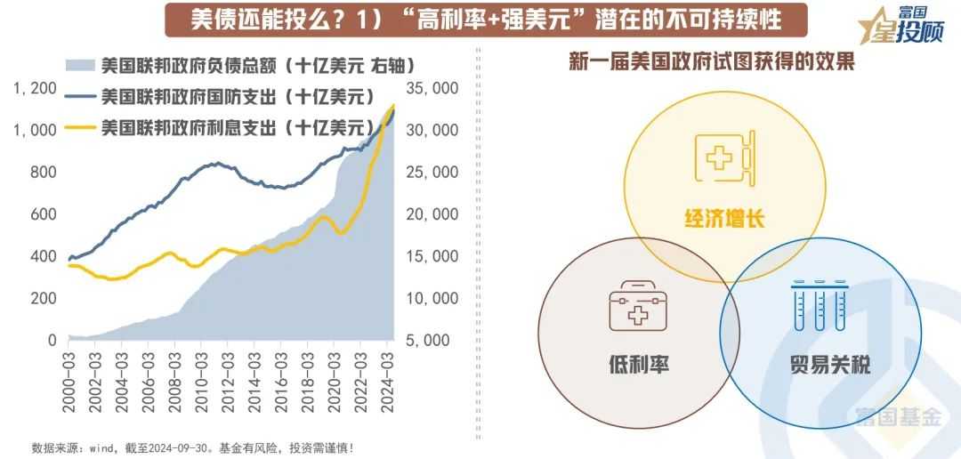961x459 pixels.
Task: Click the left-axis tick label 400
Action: click(x=44, y=257)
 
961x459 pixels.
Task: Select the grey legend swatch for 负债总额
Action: click(x=80, y=65)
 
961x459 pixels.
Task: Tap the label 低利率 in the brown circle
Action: click(x=633, y=363)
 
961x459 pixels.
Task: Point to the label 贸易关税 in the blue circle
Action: click(x=829, y=363)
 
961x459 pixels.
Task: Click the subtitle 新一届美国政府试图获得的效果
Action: click(x=711, y=62)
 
